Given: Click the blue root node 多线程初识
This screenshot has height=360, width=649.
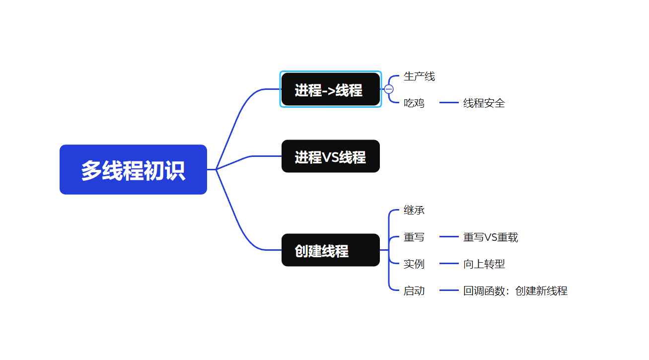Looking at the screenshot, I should click(x=133, y=170).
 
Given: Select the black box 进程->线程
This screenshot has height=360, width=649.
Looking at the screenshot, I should click(x=330, y=89).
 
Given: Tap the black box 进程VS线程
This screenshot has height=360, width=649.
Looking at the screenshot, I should click(x=330, y=156).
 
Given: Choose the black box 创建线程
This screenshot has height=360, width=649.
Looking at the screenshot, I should click(x=330, y=250).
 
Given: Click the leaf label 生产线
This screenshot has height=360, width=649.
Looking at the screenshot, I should click(x=419, y=76).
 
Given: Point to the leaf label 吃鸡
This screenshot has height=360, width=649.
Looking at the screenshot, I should click(x=414, y=103).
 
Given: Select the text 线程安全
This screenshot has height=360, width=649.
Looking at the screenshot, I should click(x=484, y=103).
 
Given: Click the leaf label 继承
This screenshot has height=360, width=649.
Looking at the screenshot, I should click(x=414, y=210).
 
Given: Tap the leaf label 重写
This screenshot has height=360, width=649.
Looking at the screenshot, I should click(x=414, y=237).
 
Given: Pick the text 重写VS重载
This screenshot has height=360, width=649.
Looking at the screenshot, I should click(x=491, y=237).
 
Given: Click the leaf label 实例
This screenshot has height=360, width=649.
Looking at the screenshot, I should click(x=414, y=264).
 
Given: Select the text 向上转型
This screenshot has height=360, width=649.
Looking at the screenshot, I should click(x=484, y=264).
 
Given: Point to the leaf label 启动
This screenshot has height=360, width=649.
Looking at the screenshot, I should click(x=414, y=291).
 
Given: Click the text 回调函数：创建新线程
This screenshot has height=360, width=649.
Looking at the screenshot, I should click(x=515, y=291).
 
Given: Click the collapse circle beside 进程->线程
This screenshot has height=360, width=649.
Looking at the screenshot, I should click(x=389, y=89).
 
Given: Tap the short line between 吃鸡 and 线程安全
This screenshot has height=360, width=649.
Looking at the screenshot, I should click(x=449, y=103).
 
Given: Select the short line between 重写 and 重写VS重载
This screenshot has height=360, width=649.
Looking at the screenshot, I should click(x=449, y=237).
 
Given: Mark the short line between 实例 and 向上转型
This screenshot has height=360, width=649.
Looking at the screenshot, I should click(x=449, y=264).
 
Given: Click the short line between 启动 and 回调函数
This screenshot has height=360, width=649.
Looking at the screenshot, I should click(x=449, y=291).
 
